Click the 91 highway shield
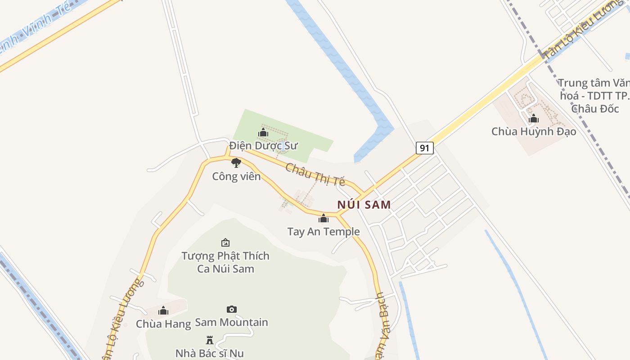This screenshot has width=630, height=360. [x=424, y=148]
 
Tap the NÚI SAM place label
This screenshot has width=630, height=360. [x=364, y=204]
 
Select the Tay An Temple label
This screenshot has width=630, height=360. [x=324, y=232]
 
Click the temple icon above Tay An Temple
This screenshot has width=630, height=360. [x=324, y=219]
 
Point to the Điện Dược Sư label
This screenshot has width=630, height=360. [x=263, y=146]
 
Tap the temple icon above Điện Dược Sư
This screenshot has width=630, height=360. [x=263, y=132]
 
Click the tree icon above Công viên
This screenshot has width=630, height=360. [x=236, y=162]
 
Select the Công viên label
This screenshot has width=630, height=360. [x=236, y=176]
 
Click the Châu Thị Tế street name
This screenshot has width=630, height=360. [x=315, y=175]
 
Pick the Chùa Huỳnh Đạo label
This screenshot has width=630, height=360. [x=534, y=131]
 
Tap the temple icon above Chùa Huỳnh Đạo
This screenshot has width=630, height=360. [x=534, y=119]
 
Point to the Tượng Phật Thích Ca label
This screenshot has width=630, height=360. [x=225, y=262]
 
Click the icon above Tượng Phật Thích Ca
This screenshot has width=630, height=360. [x=225, y=243]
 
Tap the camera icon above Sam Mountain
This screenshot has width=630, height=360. [x=231, y=309]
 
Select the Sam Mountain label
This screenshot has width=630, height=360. [x=231, y=322]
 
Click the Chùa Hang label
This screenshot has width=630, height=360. [x=163, y=324]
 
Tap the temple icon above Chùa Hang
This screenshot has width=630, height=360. [x=163, y=310]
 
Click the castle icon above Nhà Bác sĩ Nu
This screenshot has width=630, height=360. [x=210, y=340]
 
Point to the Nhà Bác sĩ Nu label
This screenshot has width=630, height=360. [x=210, y=353]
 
